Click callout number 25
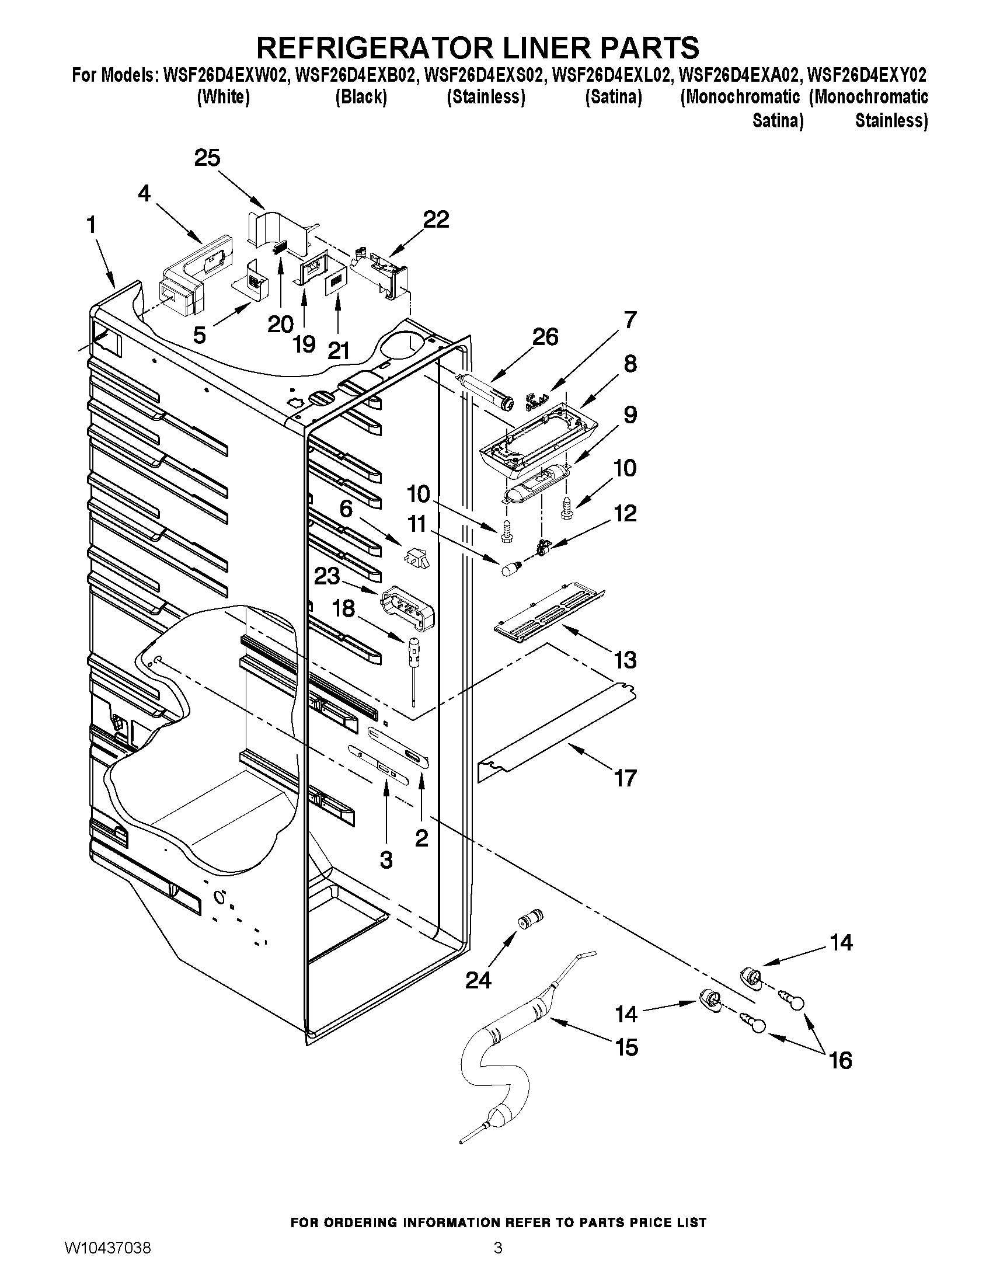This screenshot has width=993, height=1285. [x=207, y=158]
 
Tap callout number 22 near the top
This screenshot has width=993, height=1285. [x=436, y=220]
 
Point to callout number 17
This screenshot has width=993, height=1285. [x=625, y=778]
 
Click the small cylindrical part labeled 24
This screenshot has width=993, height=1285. [x=531, y=920]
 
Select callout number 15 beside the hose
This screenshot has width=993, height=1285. [x=626, y=1047]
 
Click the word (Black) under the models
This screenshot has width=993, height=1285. [x=361, y=97]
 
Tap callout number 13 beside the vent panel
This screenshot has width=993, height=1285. [x=625, y=660]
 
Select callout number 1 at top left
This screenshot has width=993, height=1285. [x=91, y=225]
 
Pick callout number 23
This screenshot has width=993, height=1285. [x=326, y=576]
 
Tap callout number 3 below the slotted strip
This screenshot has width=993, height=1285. [x=386, y=860]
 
